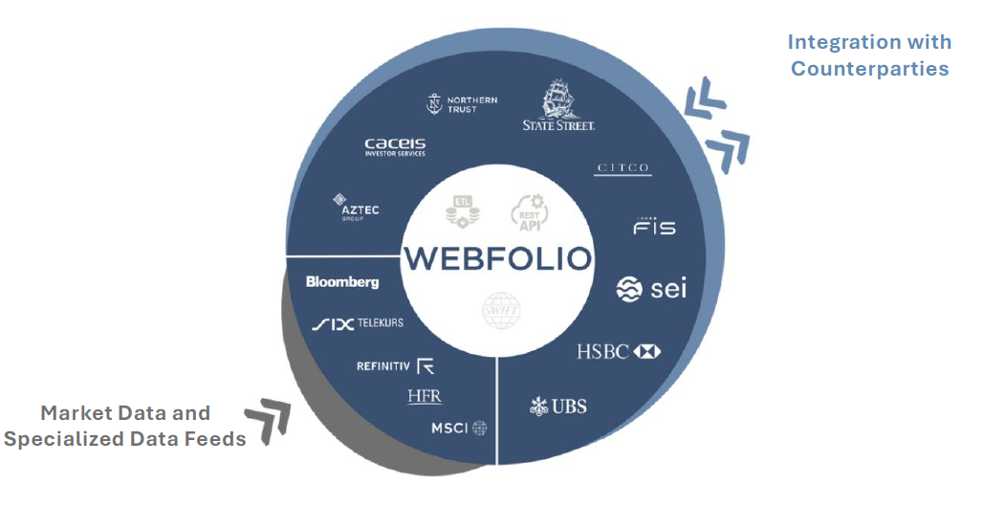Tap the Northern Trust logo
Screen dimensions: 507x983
point(463,104)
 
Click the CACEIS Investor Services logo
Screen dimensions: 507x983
point(395,146)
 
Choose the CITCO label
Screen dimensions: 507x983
point(623,168)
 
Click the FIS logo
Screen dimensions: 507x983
point(654,226)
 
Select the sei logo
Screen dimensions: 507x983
point(651,288)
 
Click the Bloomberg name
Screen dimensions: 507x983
point(342,281)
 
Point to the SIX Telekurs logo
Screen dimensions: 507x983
point(358,323)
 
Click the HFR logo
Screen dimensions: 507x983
point(425,396)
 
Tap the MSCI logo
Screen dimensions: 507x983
point(458,428)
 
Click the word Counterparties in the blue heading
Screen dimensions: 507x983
point(869,68)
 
